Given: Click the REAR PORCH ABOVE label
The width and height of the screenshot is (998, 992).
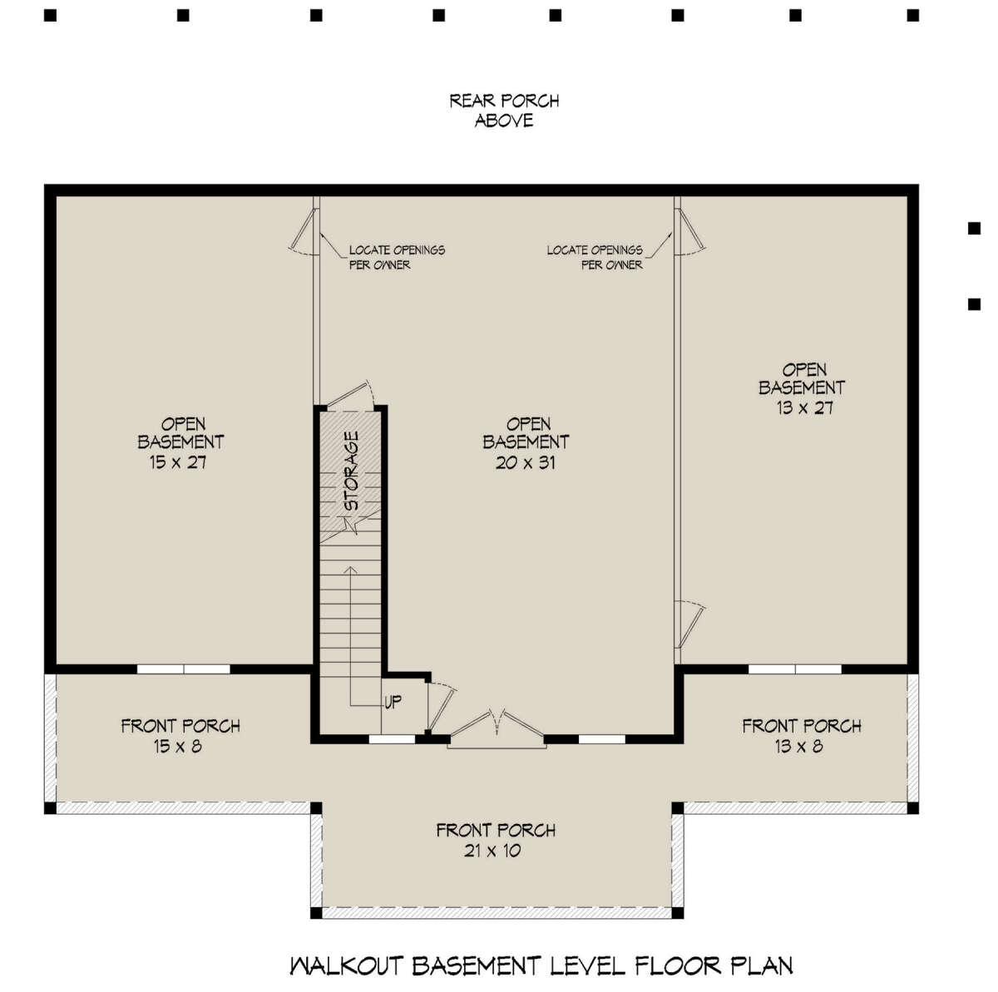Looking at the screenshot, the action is coord(503,111).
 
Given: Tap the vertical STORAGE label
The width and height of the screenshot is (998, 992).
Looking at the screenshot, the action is coord(352,471).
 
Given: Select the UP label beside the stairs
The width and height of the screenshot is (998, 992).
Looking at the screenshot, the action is coord(393,702).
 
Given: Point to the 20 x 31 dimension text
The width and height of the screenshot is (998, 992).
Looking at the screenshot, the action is coord(525,462).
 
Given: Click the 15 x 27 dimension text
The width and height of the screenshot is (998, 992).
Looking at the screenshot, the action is coord(178,462).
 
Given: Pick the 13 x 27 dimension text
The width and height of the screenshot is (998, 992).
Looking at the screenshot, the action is coord(805,407).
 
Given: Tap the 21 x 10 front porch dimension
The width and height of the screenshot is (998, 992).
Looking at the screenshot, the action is coord(492,851).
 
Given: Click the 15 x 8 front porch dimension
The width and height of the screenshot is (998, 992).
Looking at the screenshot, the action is coord(177,746).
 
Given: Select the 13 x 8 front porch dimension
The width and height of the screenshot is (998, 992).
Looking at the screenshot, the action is coord(798,746).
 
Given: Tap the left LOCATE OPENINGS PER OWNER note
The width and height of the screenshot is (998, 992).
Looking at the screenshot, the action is coord(396,258).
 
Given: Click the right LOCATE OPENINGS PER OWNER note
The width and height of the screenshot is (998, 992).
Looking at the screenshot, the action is coord(595,258).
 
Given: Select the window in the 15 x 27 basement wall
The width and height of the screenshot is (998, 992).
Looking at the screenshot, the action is coord(183,669).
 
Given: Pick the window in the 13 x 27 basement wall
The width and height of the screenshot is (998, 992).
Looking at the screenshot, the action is coord(794,669).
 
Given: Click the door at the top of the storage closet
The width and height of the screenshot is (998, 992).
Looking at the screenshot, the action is coord(350,396).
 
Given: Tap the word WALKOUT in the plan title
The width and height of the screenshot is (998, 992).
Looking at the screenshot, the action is coord(347,965).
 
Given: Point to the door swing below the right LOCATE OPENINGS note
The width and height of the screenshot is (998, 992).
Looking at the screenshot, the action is coord(689,631).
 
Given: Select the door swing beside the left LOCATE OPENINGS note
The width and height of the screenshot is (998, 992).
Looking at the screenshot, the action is coord(304,231).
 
